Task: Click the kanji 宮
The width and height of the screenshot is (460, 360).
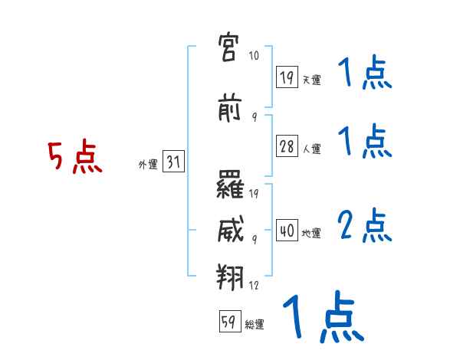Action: (x=228, y=47)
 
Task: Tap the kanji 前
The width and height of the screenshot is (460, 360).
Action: (x=229, y=107)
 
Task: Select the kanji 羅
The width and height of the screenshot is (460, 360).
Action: (x=230, y=185)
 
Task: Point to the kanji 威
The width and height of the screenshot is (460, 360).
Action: (x=230, y=229)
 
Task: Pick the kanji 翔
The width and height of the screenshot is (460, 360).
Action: (x=230, y=277)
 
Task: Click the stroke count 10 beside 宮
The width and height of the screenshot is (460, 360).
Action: (x=254, y=55)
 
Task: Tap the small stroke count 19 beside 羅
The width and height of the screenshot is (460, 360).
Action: (x=254, y=193)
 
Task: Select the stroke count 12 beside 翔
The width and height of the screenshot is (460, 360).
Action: (x=254, y=285)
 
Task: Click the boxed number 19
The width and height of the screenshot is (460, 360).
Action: (x=287, y=77)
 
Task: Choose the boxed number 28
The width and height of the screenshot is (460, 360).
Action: (x=287, y=146)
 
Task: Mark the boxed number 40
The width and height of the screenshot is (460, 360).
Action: (x=287, y=230)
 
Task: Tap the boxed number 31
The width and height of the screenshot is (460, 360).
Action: (x=173, y=161)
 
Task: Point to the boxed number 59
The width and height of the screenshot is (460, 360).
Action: (x=230, y=321)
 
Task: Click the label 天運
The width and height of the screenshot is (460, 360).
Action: (x=312, y=80)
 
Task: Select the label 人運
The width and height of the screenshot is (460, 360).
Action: (x=312, y=149)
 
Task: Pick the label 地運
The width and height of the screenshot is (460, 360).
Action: (x=311, y=233)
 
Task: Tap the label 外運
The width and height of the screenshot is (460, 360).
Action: (x=148, y=164)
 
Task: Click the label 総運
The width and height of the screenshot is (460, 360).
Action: (x=255, y=325)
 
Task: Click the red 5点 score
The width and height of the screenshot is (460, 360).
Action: (x=75, y=156)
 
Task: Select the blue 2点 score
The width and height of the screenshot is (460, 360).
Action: (x=365, y=225)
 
